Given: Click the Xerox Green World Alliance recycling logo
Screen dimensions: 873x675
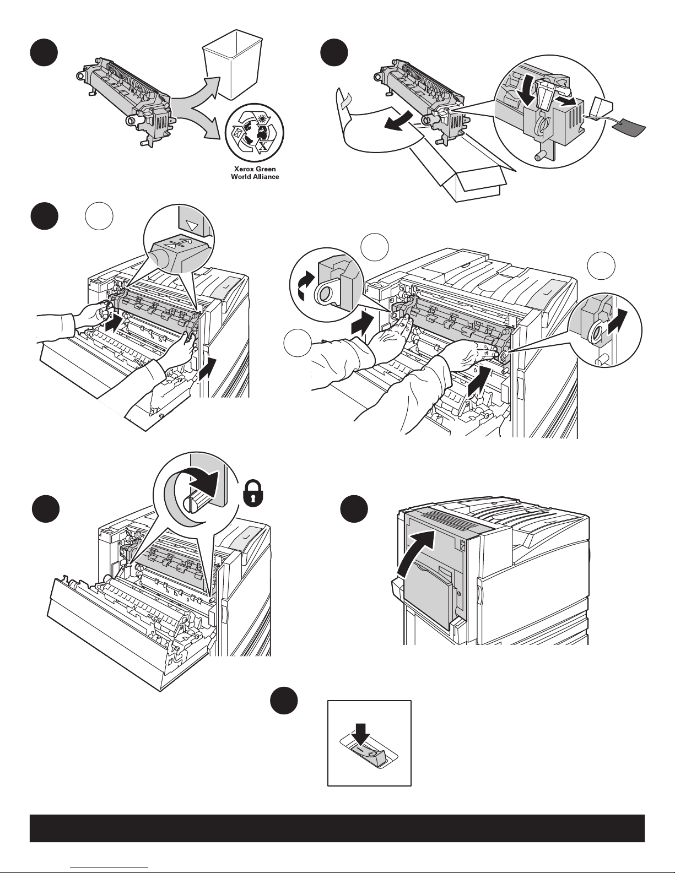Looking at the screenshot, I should [x=254, y=133].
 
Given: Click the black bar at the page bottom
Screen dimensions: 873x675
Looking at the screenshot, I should [x=337, y=828].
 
